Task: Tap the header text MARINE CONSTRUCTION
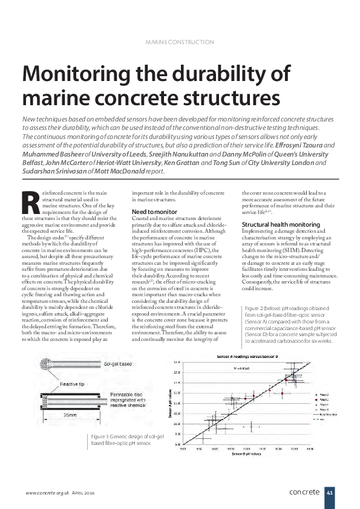click(180, 42)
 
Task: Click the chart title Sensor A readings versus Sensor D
click(248, 358)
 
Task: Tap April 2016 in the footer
click(84, 493)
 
